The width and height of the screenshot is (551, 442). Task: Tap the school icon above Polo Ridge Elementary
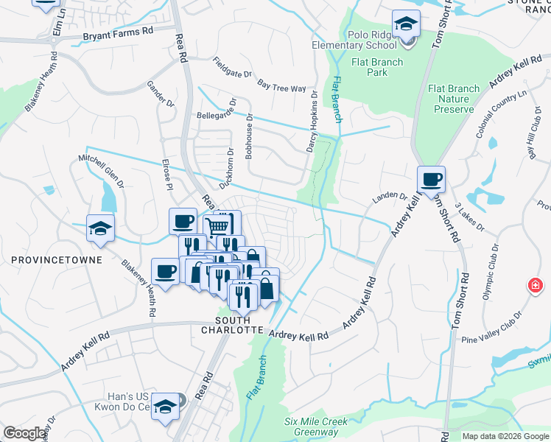tap(406, 24)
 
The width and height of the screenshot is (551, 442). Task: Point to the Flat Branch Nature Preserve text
tap(453, 99)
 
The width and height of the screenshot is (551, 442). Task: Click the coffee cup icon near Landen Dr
tap(432, 179)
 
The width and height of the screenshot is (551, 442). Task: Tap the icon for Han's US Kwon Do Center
tap(166, 406)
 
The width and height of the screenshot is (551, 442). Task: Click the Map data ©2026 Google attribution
tap(505, 436)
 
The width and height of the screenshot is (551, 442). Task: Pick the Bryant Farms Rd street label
tap(118, 32)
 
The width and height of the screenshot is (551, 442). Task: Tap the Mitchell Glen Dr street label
tap(101, 172)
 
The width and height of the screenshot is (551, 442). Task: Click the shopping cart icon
tap(216, 227)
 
